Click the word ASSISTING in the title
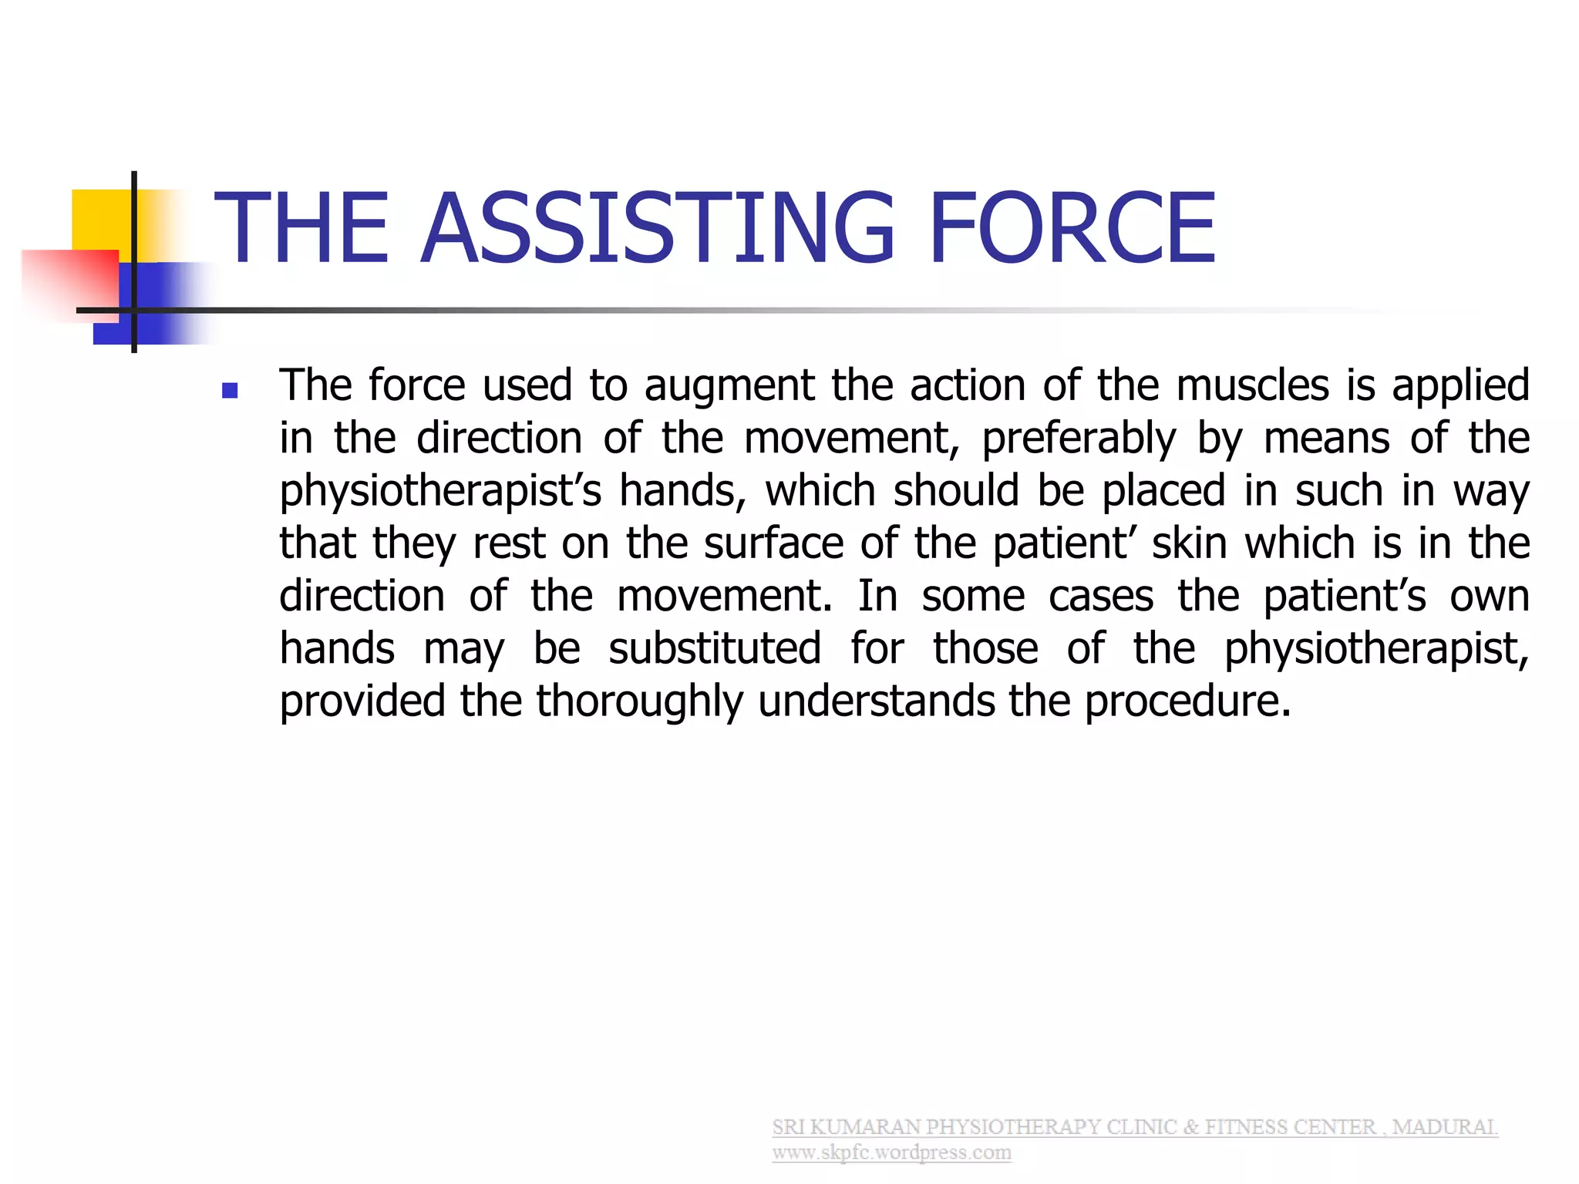click(x=658, y=228)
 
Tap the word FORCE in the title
click(x=1072, y=228)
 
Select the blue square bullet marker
click(x=229, y=391)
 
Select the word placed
click(x=1163, y=491)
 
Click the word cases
click(x=1100, y=597)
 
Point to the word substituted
click(x=714, y=648)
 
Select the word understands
click(x=876, y=701)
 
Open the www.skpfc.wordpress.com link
click(x=891, y=1153)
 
